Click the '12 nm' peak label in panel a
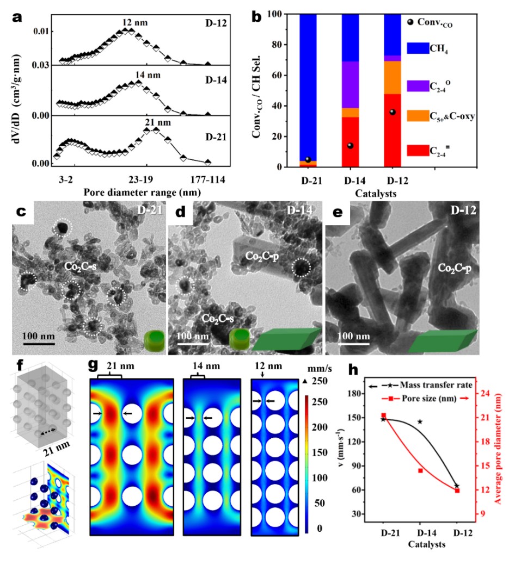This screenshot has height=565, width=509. pos(135,23)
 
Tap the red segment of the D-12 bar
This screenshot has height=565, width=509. pos(393,131)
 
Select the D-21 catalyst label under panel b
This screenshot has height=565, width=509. pos(309,179)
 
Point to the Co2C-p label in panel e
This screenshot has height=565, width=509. pos(450,268)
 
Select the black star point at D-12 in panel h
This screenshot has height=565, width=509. pos(457,486)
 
